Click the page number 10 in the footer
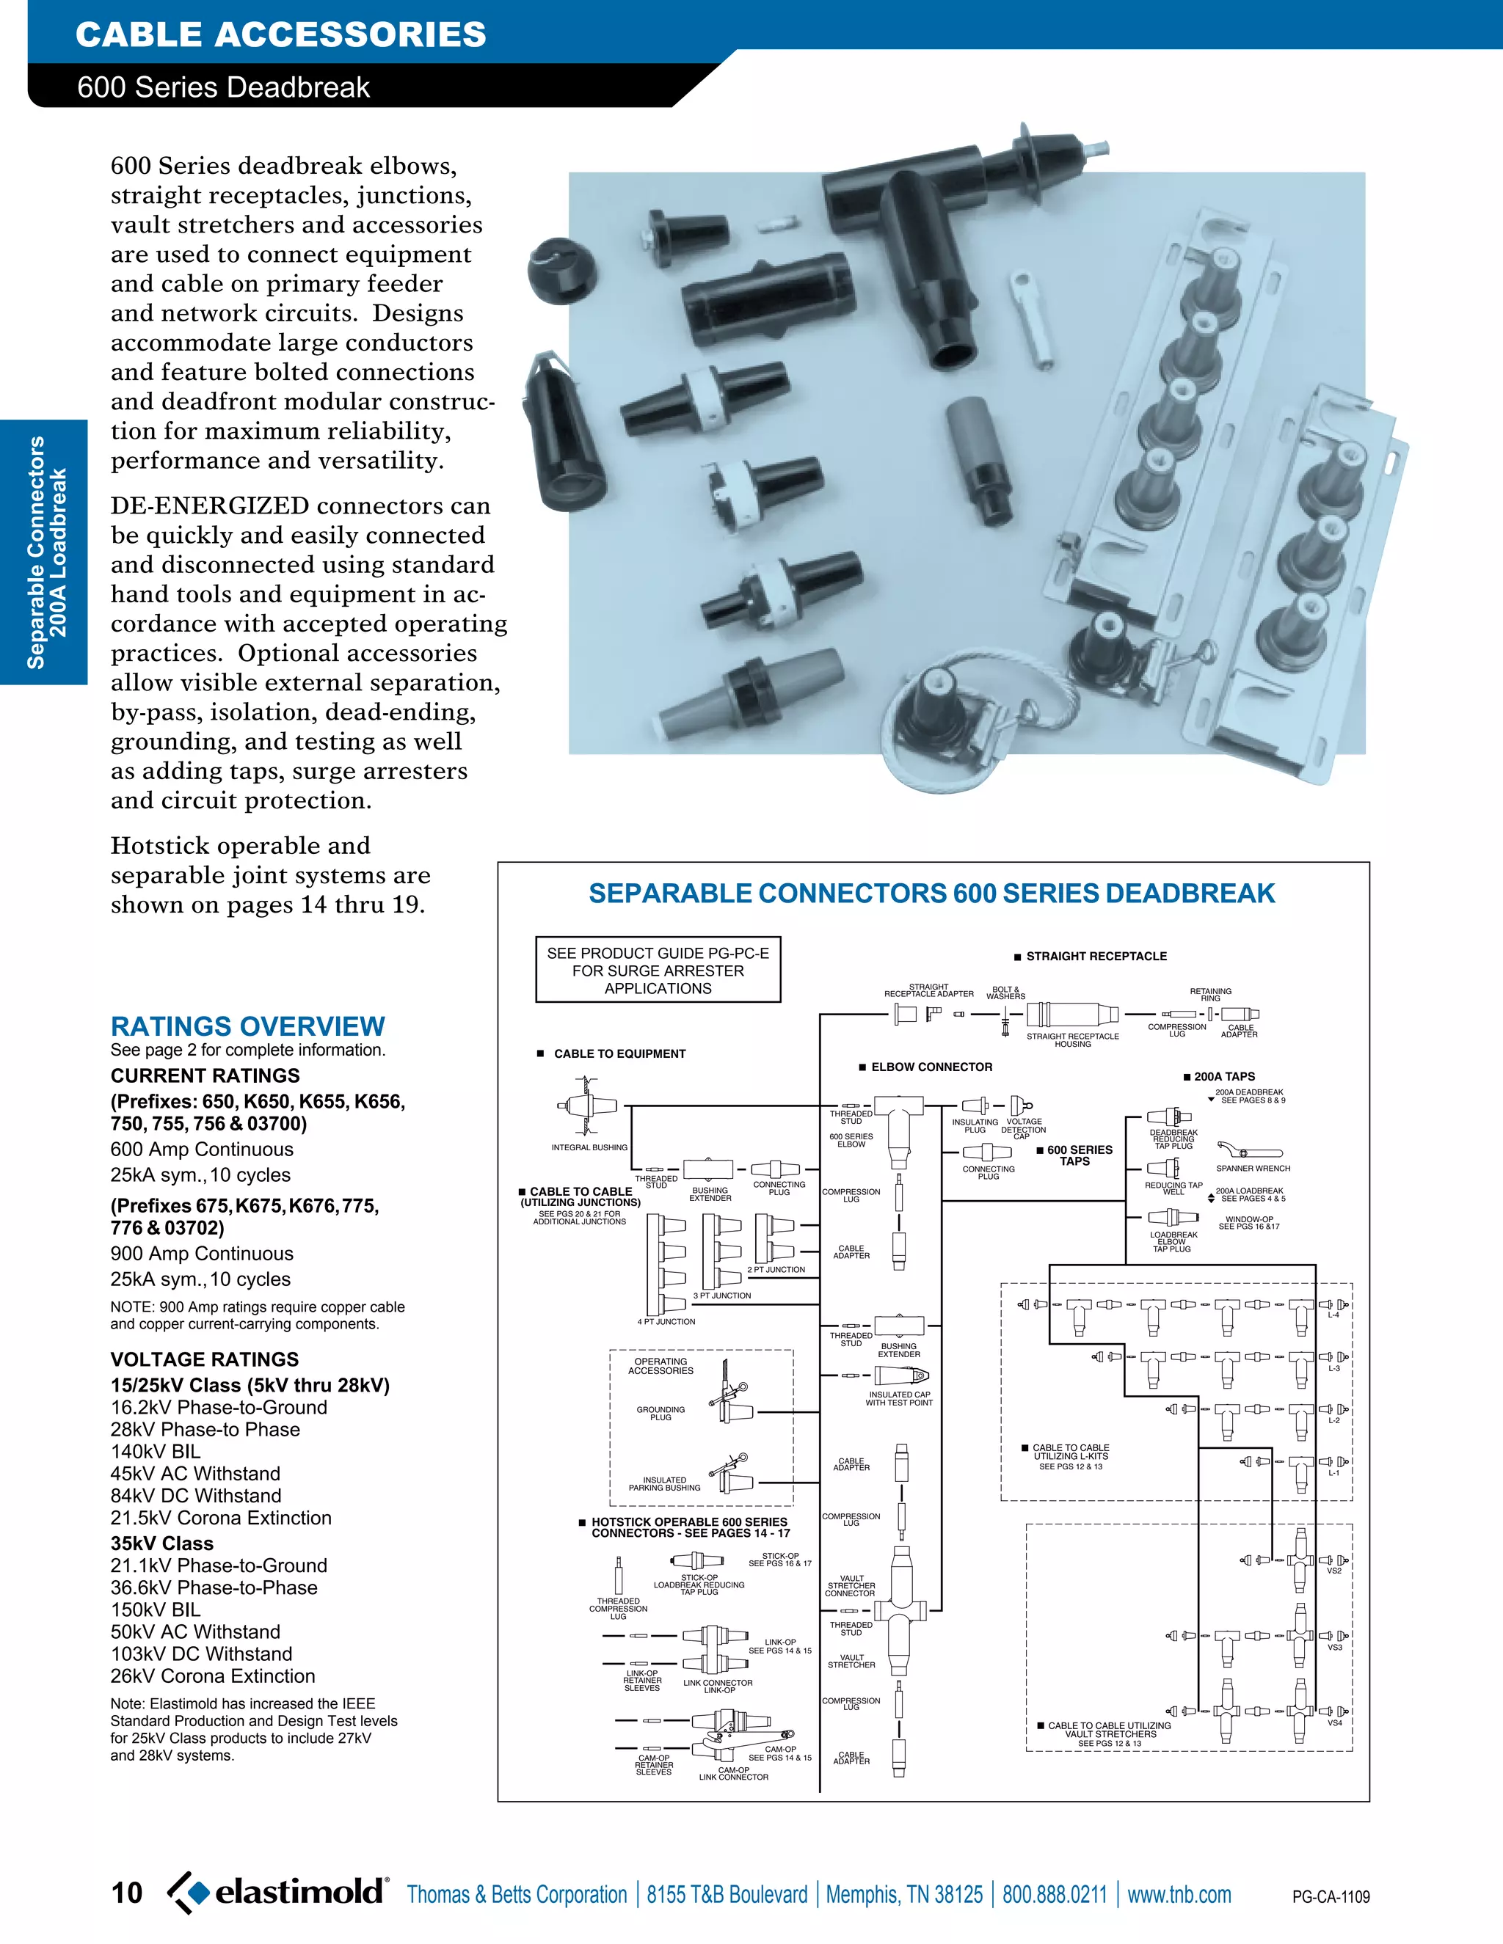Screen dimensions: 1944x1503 click(x=126, y=1893)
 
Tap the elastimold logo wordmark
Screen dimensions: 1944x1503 click(x=300, y=1890)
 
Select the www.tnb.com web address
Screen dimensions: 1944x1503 click(x=1179, y=1894)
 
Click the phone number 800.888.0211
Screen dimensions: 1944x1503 click(x=1055, y=1894)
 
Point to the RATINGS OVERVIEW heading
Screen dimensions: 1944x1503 click(x=247, y=1026)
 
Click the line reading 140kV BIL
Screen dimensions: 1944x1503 click(x=156, y=1452)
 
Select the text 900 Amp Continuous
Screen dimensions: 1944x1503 click(x=202, y=1253)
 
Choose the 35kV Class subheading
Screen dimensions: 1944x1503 click(x=162, y=1543)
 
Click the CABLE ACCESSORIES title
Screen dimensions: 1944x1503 click(x=281, y=34)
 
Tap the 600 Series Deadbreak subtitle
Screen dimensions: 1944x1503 click(x=224, y=87)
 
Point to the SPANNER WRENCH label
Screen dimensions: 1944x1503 click(x=1253, y=1168)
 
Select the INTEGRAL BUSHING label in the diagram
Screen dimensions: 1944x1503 click(x=589, y=1147)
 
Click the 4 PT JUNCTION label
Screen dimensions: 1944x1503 click(x=666, y=1322)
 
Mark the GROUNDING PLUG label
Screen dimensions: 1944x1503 click(x=660, y=1413)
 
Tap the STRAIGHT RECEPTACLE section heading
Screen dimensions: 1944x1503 click(x=1096, y=956)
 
